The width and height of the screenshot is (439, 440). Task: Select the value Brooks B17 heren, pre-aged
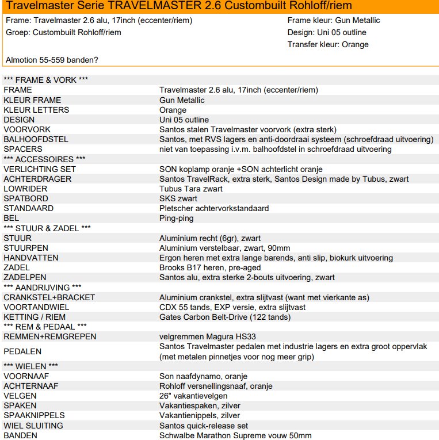click(x=209, y=267)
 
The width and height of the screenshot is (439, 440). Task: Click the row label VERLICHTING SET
click(x=40, y=169)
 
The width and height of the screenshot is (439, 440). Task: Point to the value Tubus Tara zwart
click(x=190, y=189)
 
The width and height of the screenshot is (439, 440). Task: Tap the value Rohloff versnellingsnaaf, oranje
click(x=216, y=386)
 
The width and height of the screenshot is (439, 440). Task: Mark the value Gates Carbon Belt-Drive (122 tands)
click(x=225, y=317)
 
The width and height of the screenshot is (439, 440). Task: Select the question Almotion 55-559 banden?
click(x=52, y=60)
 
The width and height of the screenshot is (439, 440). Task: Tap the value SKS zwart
click(x=178, y=198)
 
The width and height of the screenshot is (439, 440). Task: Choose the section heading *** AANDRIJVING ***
click(x=42, y=287)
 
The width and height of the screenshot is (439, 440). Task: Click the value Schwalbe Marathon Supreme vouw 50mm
click(x=235, y=435)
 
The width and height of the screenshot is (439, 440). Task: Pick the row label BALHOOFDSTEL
click(x=36, y=139)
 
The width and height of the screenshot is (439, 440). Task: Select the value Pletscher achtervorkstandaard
click(x=213, y=208)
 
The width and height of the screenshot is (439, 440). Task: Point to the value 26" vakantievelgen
click(x=193, y=396)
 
